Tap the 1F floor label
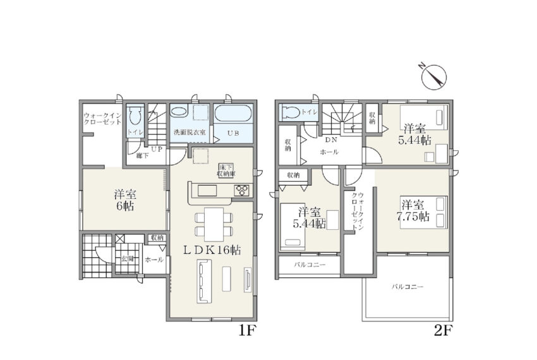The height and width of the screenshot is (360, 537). [247, 330]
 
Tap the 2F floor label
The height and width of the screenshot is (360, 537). [443, 330]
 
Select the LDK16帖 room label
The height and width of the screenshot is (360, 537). [212, 250]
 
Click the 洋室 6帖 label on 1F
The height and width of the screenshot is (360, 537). [125, 200]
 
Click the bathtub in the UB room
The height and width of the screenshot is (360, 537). [233, 114]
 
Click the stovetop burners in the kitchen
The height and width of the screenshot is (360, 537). [243, 191]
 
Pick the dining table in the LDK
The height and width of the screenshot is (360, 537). [214, 224]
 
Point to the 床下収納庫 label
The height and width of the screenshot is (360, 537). [226, 171]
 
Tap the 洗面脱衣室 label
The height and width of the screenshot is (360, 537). [190, 132]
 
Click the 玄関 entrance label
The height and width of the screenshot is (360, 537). [127, 259]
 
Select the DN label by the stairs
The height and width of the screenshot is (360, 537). [331, 140]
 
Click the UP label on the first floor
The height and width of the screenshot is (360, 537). [157, 149]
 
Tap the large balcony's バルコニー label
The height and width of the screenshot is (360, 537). [407, 286]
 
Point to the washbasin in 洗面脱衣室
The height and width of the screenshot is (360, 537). [178, 112]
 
